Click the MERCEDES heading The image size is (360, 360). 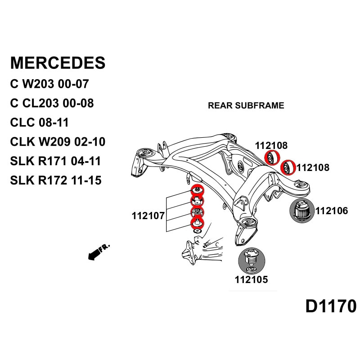[x=58, y=63]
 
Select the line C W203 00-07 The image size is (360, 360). [x=49, y=84]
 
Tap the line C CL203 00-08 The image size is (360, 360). [x=52, y=103]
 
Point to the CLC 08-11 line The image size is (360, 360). [x=39, y=122]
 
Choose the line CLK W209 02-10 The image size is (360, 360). [x=58, y=142]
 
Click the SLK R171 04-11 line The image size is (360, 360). [x=55, y=161]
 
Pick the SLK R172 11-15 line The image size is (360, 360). [x=55, y=180]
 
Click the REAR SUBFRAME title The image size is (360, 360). [x=246, y=106]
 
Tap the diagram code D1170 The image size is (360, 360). [x=331, y=306]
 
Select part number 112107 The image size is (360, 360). [x=148, y=216]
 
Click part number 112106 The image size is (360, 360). [x=332, y=211]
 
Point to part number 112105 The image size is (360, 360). [x=251, y=279]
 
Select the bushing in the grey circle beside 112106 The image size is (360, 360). [x=300, y=210]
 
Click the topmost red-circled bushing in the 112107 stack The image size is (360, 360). [x=197, y=190]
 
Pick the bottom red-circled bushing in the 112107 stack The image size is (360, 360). [x=197, y=222]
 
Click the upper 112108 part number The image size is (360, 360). [x=271, y=145]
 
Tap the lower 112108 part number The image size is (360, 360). [x=313, y=168]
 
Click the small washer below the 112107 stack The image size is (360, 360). [x=197, y=231]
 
